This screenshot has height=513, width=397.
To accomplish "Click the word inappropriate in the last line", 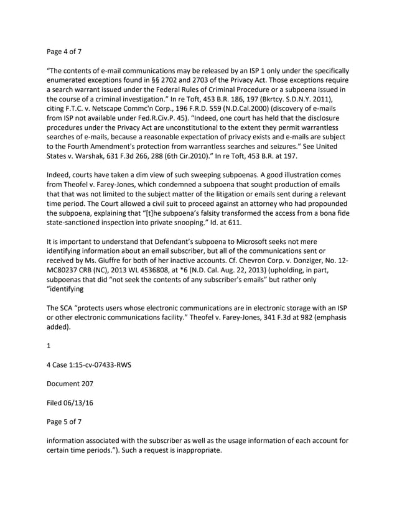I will click(189, 450).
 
